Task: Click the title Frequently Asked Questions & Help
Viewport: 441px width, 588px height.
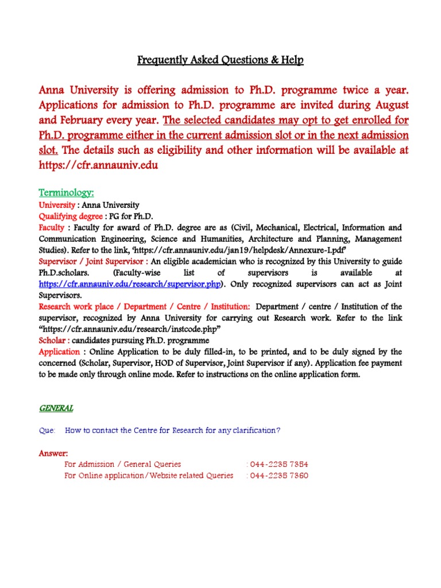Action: pos(220,60)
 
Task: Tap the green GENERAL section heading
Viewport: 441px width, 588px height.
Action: pos(56,408)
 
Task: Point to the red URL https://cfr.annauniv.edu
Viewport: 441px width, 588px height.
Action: pos(98,165)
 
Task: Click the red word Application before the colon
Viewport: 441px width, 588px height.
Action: pos(59,351)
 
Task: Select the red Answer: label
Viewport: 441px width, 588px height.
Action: pos(53,453)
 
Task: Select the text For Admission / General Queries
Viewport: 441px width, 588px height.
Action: pos(123,464)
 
